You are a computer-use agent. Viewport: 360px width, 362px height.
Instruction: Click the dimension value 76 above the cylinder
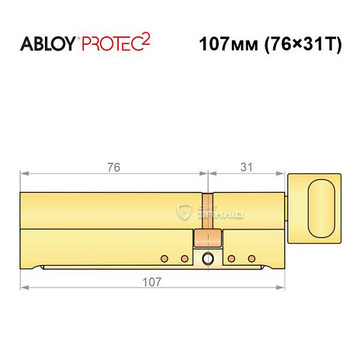pos(112,167)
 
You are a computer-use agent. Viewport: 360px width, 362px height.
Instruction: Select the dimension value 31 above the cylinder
pos(246,167)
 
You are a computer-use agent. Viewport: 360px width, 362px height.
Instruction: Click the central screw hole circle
pos(209,259)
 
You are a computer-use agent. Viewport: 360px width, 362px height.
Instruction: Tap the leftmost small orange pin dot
pos(164,258)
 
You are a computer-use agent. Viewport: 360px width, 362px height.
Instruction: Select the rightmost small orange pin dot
pos(252,258)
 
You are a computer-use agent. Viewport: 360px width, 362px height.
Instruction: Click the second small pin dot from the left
pos(185,258)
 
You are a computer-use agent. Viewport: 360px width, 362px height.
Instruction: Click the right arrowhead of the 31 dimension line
pos(285,174)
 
